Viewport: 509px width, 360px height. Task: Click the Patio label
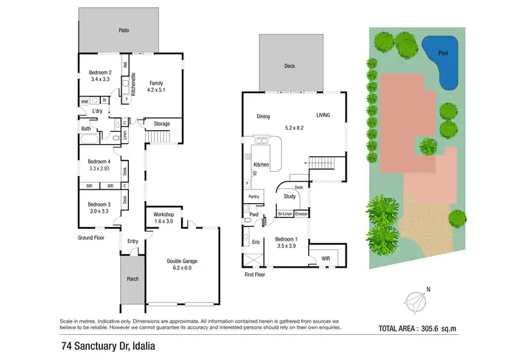coord(124,31)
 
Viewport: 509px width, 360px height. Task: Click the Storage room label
coord(162,124)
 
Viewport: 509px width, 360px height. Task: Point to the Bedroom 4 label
coord(99,161)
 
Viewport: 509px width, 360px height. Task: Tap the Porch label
coord(133,278)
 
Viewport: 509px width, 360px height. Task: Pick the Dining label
coord(263,116)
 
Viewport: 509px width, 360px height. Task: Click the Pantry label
coord(254,197)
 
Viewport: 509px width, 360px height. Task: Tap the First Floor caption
coord(255,274)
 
